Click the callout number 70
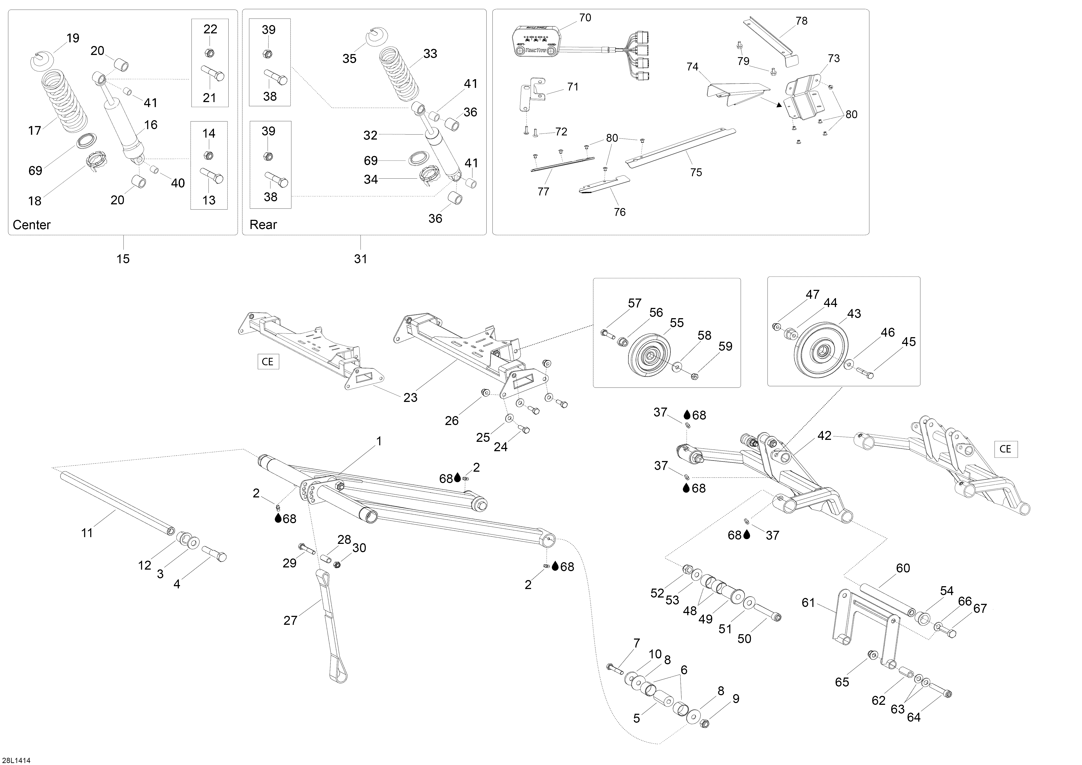coord(585,18)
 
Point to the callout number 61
coord(808,603)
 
